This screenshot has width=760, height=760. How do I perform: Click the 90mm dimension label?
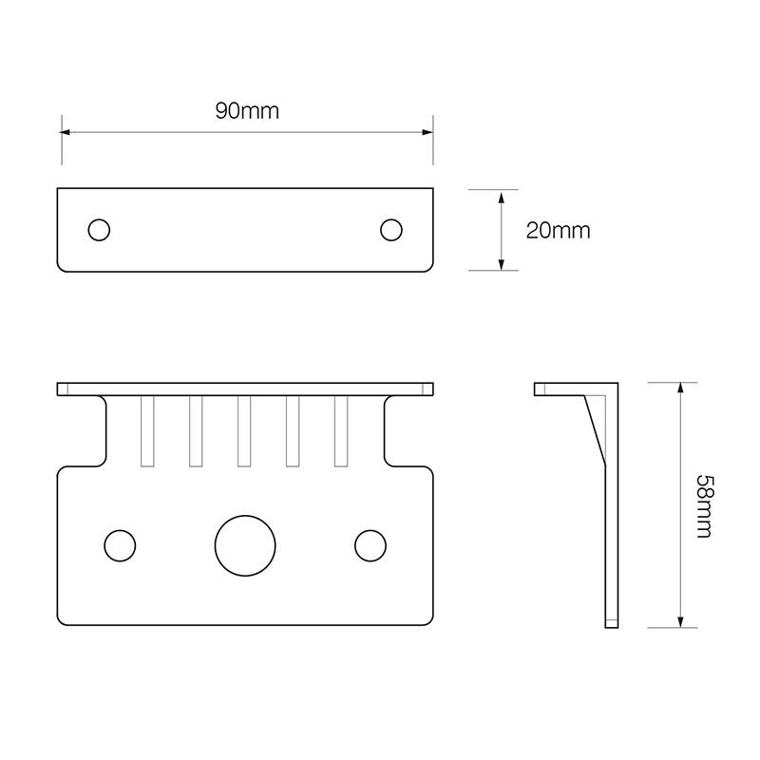click(247, 111)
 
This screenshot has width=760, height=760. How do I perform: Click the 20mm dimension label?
click(558, 230)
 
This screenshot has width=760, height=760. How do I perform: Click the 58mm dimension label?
click(702, 505)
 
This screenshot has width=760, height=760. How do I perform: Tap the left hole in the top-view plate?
click(99, 230)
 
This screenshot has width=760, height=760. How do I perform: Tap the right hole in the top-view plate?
click(390, 230)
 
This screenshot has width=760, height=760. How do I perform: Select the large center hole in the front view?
click(244, 545)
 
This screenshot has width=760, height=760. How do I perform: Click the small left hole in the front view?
click(119, 545)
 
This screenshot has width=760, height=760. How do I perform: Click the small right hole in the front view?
click(370, 545)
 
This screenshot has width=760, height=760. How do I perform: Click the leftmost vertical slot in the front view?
click(147, 430)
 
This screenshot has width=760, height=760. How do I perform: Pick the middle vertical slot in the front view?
click(244, 430)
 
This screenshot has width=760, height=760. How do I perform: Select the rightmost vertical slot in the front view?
click(341, 430)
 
